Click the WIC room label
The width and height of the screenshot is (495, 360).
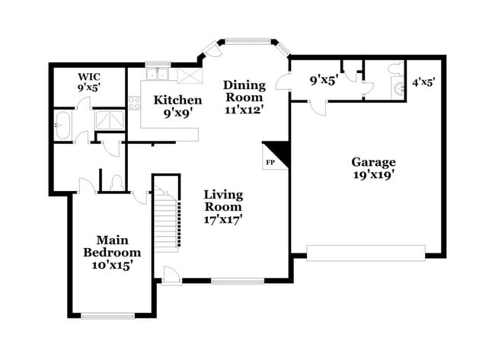tap(88, 81)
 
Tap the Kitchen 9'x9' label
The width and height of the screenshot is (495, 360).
tap(177, 106)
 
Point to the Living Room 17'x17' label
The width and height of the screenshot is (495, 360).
tap(223, 206)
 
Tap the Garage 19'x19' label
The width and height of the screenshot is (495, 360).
tap(373, 167)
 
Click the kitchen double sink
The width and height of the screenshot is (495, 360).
tap(158, 75)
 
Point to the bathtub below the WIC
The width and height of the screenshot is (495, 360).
tap(62, 124)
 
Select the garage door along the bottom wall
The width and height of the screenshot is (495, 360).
tap(366, 253)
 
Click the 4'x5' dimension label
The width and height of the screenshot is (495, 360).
tap(423, 81)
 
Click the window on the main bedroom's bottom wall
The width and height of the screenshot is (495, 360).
tap(107, 315)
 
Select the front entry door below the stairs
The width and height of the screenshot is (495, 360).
tap(172, 275)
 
